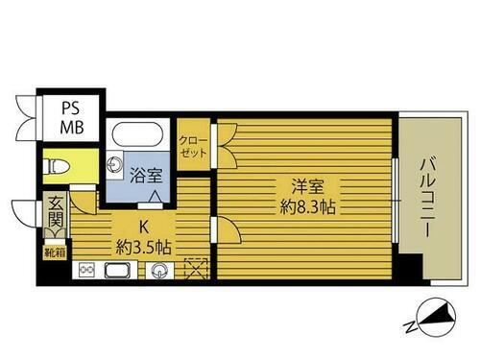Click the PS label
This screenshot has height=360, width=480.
71,106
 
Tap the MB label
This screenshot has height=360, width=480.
71,125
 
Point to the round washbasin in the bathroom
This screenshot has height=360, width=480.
116,162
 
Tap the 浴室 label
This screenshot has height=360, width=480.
147,176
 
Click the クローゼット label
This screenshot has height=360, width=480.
193,144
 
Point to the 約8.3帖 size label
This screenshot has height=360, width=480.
302,206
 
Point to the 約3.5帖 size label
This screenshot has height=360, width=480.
144,247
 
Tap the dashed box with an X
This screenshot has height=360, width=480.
196,270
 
